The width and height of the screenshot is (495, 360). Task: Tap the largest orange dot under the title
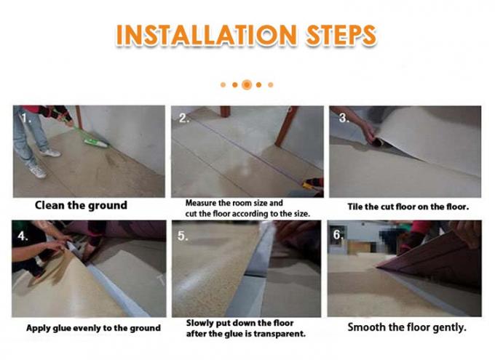coord(247,84)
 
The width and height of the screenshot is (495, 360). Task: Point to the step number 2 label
coord(183,117)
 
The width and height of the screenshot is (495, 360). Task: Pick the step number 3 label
coord(339,116)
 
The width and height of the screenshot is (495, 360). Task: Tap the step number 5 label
coord(183,237)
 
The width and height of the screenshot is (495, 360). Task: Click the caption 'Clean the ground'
coord(81,206)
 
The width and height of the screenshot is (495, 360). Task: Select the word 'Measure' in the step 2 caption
coord(202,202)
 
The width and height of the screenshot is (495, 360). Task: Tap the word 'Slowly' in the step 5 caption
coord(201,322)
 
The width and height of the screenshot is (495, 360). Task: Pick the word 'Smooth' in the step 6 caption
coord(364,327)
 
